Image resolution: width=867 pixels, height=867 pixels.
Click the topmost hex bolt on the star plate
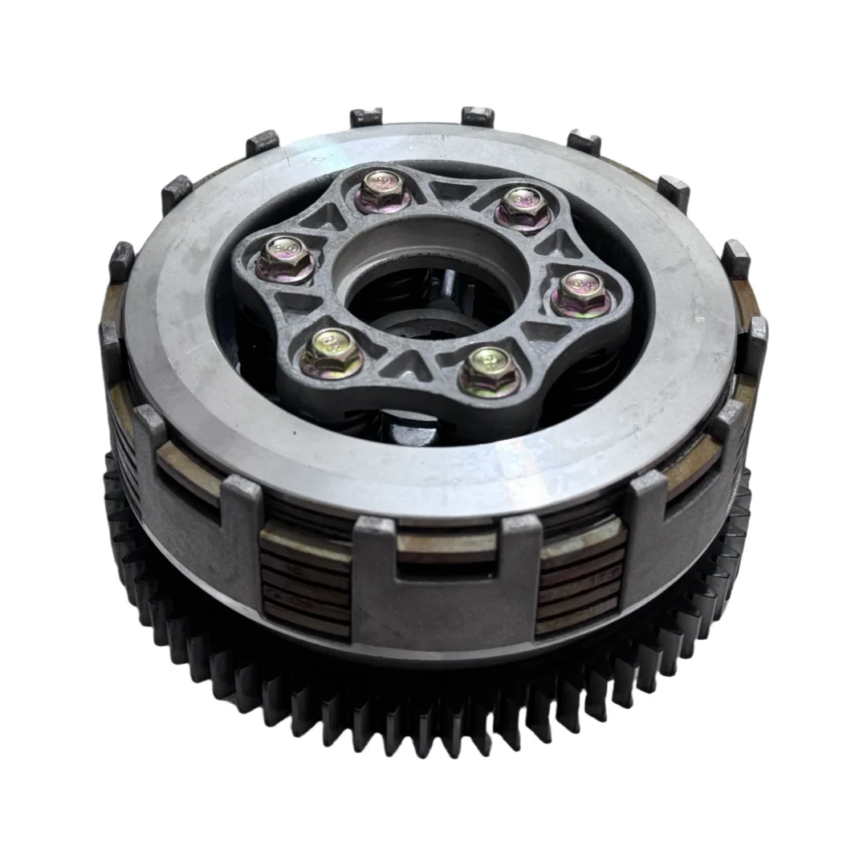pyautogui.click(x=381, y=189)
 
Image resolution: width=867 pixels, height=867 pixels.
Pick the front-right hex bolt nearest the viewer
pyautogui.click(x=489, y=371)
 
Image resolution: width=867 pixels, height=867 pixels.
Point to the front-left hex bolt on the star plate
pyautogui.click(x=332, y=352)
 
